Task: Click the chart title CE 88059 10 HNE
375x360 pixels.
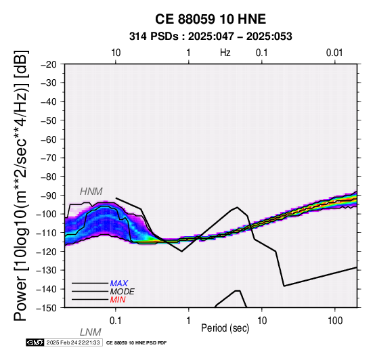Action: pos(211,19)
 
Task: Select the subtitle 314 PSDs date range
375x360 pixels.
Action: pos(211,37)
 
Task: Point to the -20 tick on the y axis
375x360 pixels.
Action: pos(49,64)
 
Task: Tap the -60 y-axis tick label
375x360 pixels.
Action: pos(49,139)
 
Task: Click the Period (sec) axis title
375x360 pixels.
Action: pos(225,328)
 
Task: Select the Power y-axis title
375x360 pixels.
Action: pos(21,185)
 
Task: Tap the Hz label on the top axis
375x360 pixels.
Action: pos(225,53)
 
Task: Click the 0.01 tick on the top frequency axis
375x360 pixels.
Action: pos(334,53)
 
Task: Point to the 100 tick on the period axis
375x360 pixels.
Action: pos(335,321)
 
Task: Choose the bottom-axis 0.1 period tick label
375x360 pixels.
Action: pos(116,321)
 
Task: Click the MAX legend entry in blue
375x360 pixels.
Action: pos(119,284)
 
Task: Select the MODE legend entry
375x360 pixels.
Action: pos(123,292)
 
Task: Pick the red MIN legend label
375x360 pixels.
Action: pos(118,300)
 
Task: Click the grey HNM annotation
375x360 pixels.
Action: pos(91,192)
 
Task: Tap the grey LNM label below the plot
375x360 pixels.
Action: pos(91,332)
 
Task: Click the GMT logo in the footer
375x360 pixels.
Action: pos(35,342)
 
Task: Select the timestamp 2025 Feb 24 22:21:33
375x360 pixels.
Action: pos(73,342)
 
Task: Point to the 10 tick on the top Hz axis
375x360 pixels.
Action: pos(116,53)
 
